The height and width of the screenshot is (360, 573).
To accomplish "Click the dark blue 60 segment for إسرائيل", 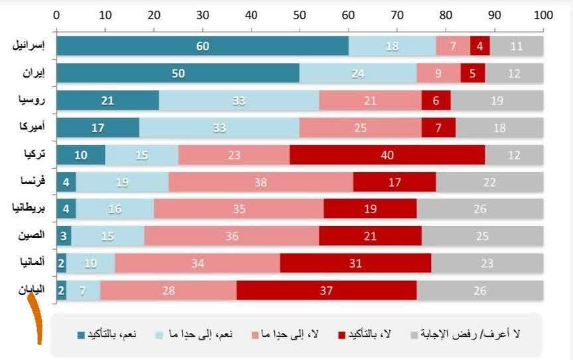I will [x=203, y=46].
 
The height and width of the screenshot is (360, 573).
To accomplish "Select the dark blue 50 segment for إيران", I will [x=178, y=73].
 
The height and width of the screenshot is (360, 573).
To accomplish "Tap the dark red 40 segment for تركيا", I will [x=387, y=154].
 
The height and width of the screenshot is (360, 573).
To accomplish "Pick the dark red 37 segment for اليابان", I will [x=326, y=290].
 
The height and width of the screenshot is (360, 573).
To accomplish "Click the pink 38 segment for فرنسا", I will [x=260, y=181].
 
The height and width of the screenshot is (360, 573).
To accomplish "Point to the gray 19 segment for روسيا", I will [x=497, y=100].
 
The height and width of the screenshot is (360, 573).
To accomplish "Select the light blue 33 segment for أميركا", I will [x=219, y=128].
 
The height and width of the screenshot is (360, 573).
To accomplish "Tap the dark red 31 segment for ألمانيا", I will [x=355, y=263].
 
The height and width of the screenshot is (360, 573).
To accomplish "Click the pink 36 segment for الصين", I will [x=232, y=236].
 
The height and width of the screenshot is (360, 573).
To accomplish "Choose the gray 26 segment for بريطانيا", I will [x=479, y=209].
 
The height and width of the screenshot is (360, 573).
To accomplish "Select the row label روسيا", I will [x=33, y=100].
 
